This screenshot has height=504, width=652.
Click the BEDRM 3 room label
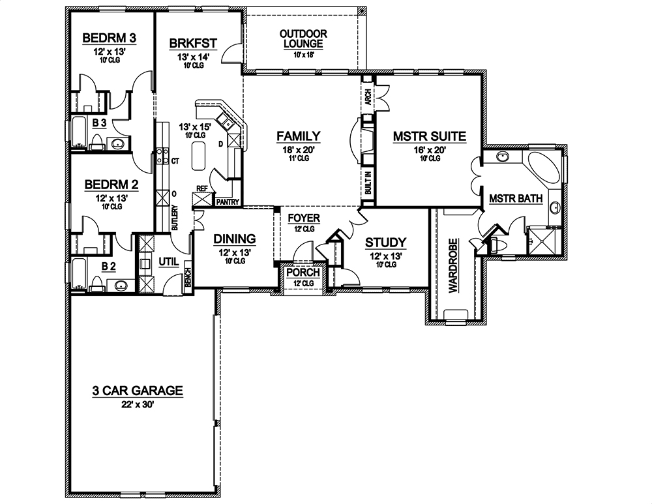tap(109, 38)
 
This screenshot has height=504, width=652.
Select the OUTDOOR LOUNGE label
tap(303, 38)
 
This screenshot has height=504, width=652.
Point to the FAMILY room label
tap(299, 136)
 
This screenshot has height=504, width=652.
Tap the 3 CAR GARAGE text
tap(137, 391)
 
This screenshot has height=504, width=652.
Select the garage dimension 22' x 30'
tap(137, 404)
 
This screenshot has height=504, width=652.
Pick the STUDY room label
tap(385, 242)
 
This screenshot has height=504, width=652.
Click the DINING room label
tap(235, 239)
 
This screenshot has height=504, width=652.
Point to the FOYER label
tap(304, 218)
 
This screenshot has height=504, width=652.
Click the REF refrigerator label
tap(201, 188)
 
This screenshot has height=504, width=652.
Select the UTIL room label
tap(169, 262)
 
